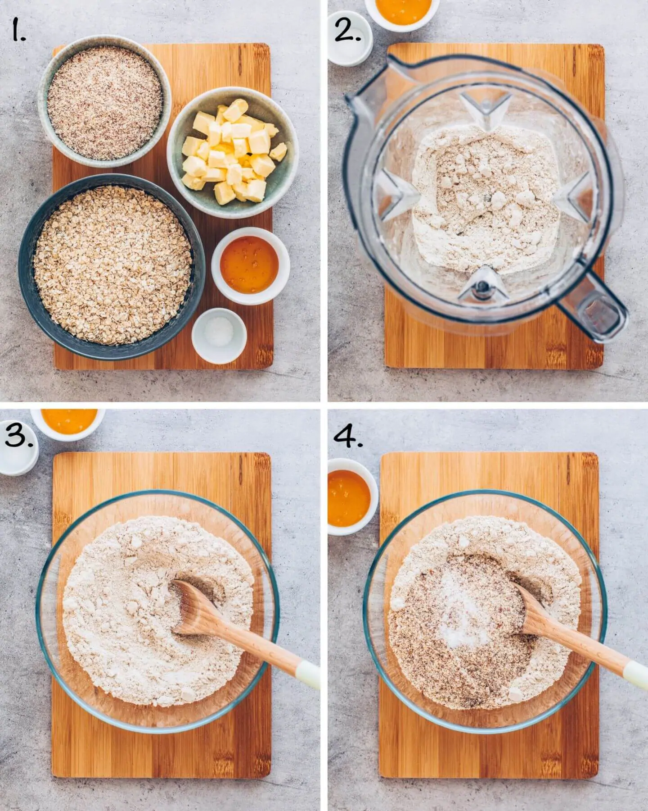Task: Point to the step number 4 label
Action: coord(348,435)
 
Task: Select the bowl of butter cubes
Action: coord(232,152)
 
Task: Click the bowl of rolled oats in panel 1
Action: coord(112,267)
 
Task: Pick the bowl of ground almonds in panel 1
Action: coord(104,102)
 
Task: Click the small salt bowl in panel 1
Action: coord(219,336)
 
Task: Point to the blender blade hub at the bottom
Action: coord(482,284)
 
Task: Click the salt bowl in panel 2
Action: coord(350,39)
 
